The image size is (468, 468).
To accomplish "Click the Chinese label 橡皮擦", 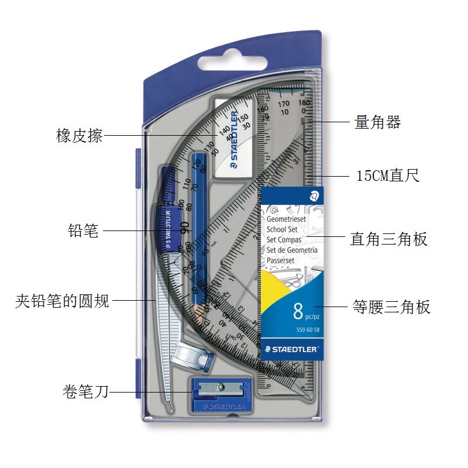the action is click(79, 136).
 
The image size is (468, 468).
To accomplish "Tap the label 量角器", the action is click(378, 122).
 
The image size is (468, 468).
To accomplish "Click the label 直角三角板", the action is click(389, 239).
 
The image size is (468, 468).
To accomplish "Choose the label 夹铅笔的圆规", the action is click(62, 302).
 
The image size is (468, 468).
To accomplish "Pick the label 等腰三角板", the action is click(391, 307).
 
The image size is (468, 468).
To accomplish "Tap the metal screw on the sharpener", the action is click(220, 386).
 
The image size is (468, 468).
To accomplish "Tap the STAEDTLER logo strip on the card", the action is click(290, 349).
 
